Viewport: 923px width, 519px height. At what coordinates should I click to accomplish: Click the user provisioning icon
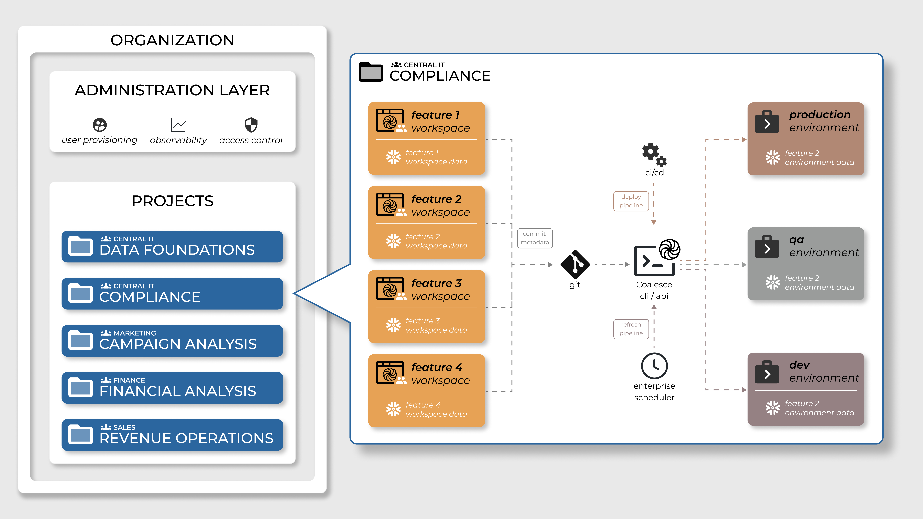pyautogui.click(x=100, y=125)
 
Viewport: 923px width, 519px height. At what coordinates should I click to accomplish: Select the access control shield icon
pyautogui.click(x=251, y=125)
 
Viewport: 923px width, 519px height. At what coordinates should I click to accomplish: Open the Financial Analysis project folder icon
pyautogui.click(x=80, y=388)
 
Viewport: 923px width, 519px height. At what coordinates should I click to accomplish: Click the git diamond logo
pyautogui.click(x=575, y=264)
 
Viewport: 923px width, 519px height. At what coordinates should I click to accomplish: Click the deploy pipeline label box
pyautogui.click(x=631, y=201)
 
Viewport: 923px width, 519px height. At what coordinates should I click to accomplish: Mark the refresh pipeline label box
pyautogui.click(x=631, y=329)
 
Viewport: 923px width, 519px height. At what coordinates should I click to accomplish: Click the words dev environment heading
pyautogui.click(x=823, y=371)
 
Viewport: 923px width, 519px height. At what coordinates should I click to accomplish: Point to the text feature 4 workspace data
pyautogui.click(x=436, y=409)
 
